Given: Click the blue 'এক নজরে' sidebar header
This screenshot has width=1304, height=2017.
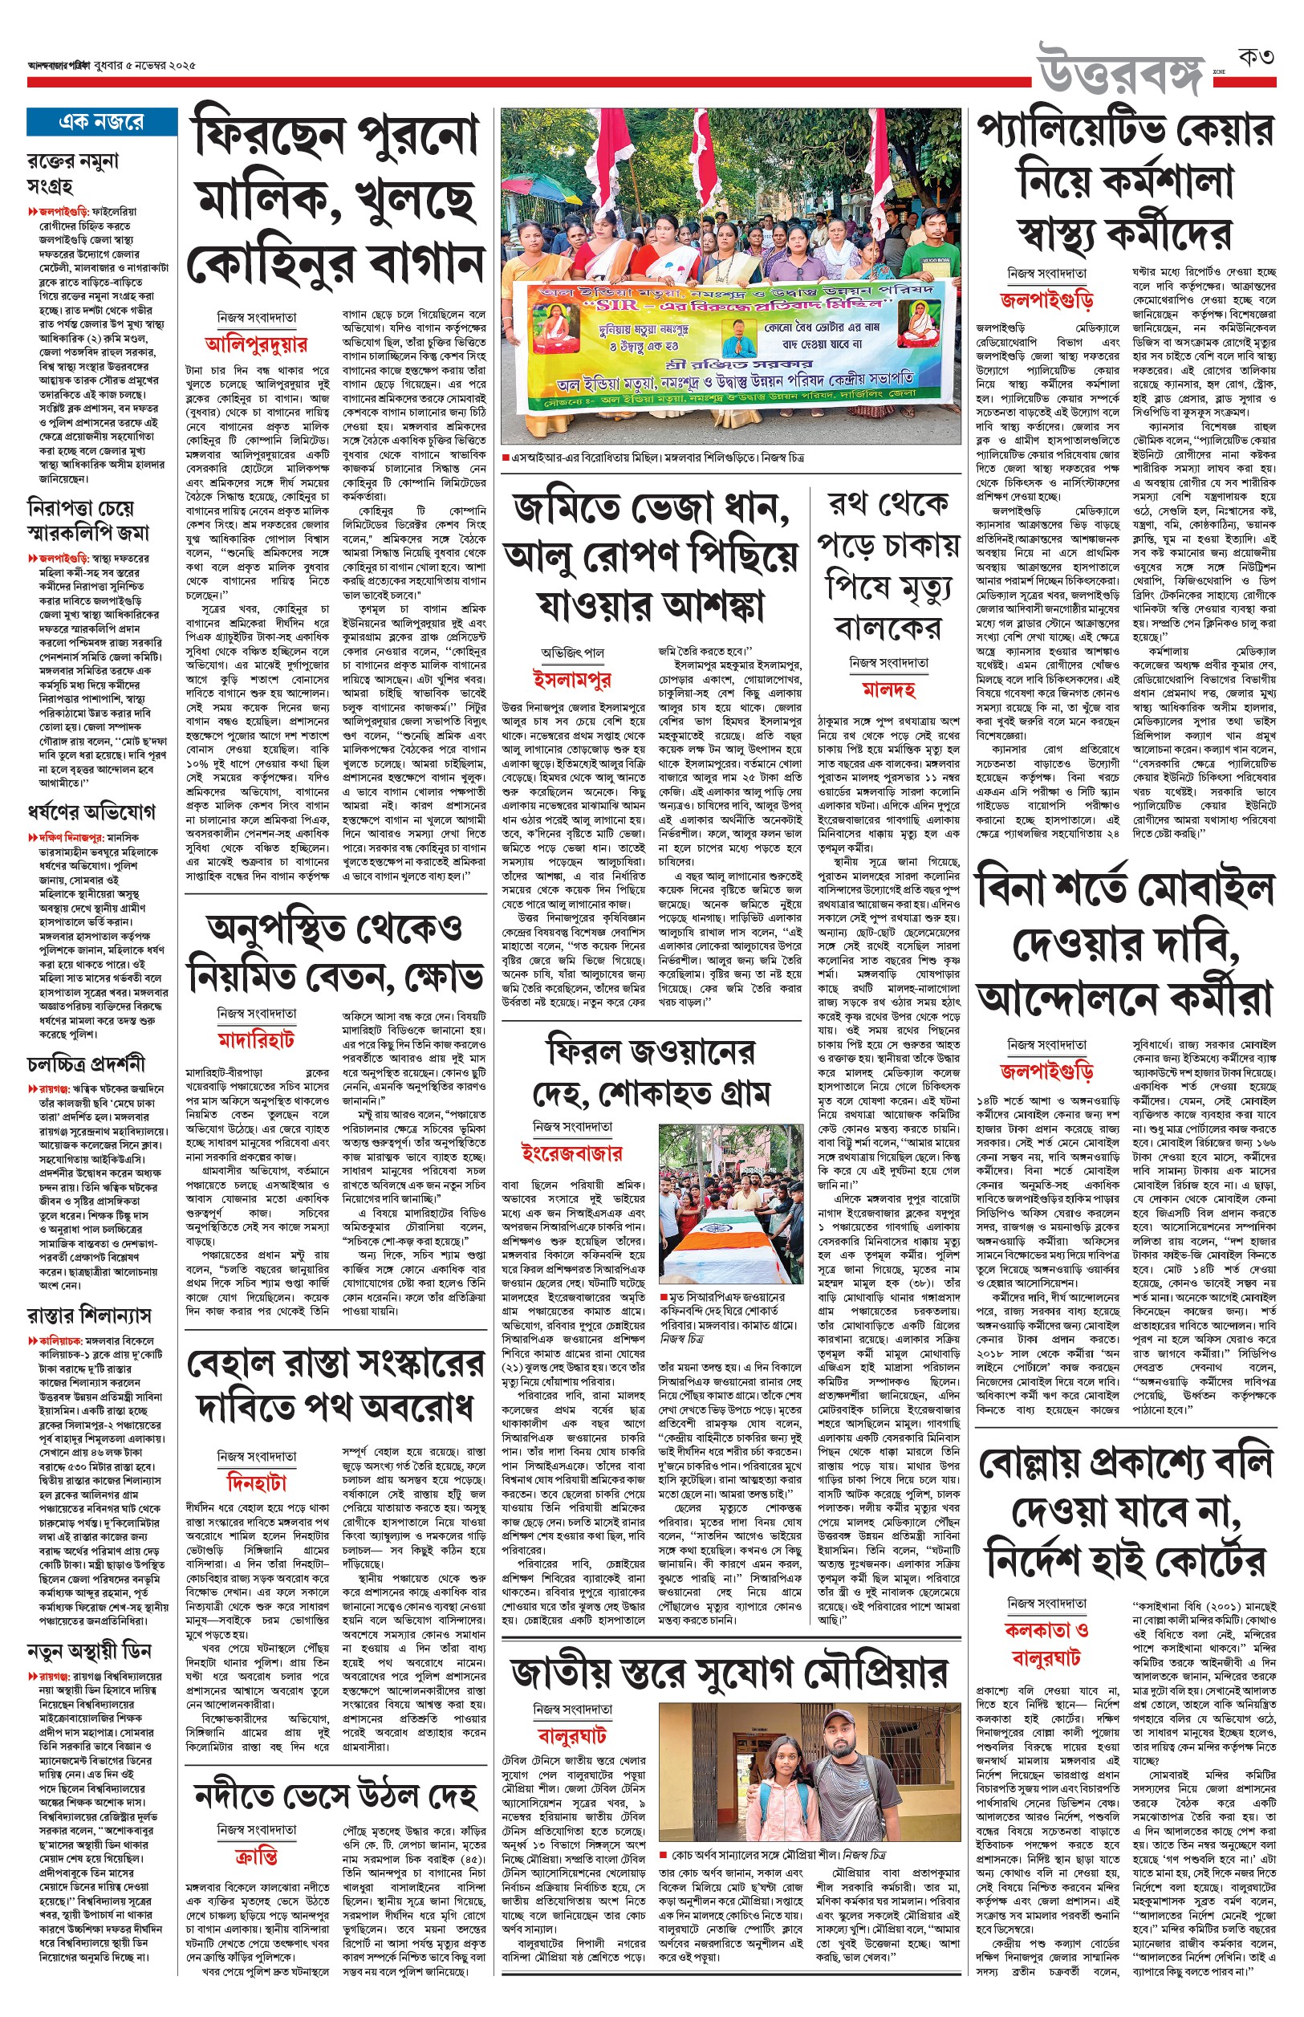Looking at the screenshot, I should pos(101,122).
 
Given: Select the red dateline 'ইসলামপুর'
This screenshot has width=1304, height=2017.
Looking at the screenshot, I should pos(571,678).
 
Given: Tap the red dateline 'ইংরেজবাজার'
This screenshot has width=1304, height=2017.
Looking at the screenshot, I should pos(571,1153).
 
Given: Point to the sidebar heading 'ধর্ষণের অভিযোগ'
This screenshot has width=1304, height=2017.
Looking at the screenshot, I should pos(91,812).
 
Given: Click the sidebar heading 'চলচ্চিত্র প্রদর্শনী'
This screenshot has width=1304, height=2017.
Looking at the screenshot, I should pos(86,1063).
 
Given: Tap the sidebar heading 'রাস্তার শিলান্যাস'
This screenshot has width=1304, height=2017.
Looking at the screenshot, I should pos(89,1315).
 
